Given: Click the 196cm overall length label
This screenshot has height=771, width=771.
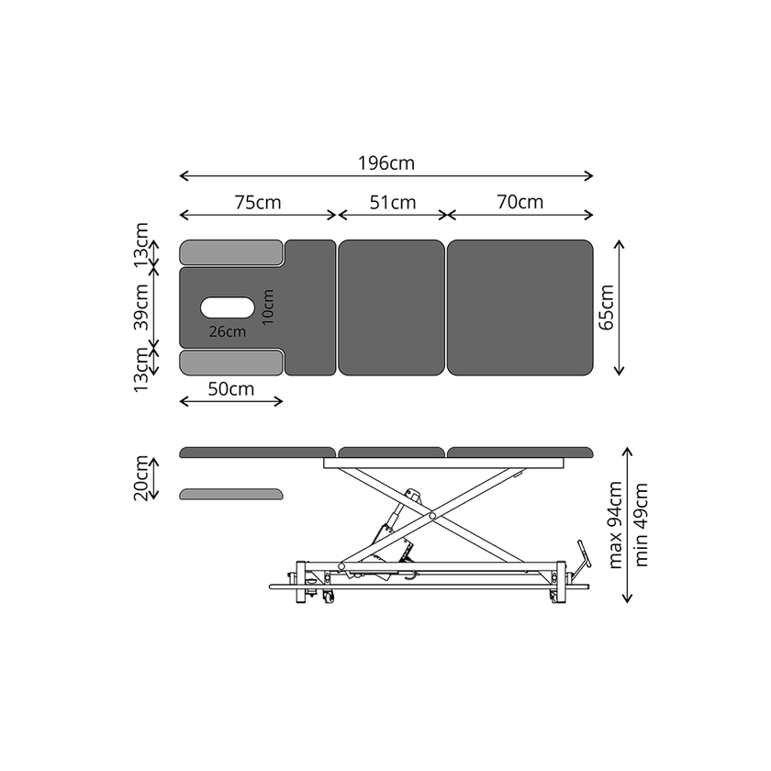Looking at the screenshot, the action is (386, 163).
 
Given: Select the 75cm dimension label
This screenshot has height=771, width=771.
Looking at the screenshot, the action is (258, 203).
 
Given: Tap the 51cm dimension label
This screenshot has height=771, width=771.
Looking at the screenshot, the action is (393, 203).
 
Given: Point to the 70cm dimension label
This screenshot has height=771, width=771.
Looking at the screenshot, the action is (520, 202).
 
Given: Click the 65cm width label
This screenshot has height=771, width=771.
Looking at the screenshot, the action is (607, 307).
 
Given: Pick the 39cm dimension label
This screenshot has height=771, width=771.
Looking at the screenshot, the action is (141, 307).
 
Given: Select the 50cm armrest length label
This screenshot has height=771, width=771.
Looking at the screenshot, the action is (230, 389).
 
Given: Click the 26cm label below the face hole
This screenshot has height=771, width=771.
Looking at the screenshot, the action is (228, 332).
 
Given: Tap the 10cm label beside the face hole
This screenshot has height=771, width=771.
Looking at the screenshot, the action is (268, 307).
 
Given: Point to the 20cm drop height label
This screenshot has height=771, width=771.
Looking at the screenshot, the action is (141, 478).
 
